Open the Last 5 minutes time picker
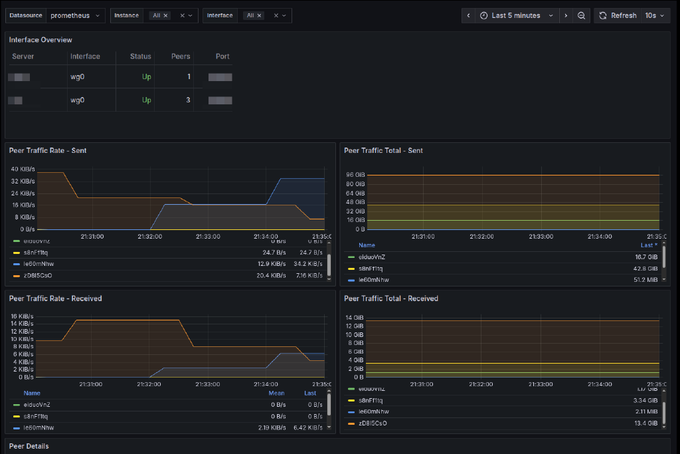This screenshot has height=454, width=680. click(x=516, y=15)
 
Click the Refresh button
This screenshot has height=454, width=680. click(x=617, y=15)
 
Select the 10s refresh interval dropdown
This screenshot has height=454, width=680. click(x=654, y=15)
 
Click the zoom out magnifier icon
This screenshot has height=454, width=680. click(x=581, y=15)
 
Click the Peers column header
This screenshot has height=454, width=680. click(x=179, y=57)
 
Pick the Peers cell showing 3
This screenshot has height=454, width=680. click(x=188, y=100)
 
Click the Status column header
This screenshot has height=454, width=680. click(x=141, y=57)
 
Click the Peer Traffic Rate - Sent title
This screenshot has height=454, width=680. click(x=48, y=151)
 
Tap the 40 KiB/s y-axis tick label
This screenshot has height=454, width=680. click(x=23, y=169)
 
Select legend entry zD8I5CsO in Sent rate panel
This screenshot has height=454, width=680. click(x=37, y=275)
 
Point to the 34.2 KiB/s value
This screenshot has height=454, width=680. click(x=308, y=264)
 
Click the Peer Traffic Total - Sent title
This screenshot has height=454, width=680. click(x=383, y=151)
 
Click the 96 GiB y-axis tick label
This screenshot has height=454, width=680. click(x=356, y=175)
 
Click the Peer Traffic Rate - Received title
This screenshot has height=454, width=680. click(x=55, y=299)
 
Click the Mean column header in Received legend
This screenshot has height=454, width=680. click(x=276, y=394)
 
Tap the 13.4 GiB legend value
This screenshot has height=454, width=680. click(x=646, y=423)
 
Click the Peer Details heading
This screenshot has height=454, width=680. click(x=29, y=446)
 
